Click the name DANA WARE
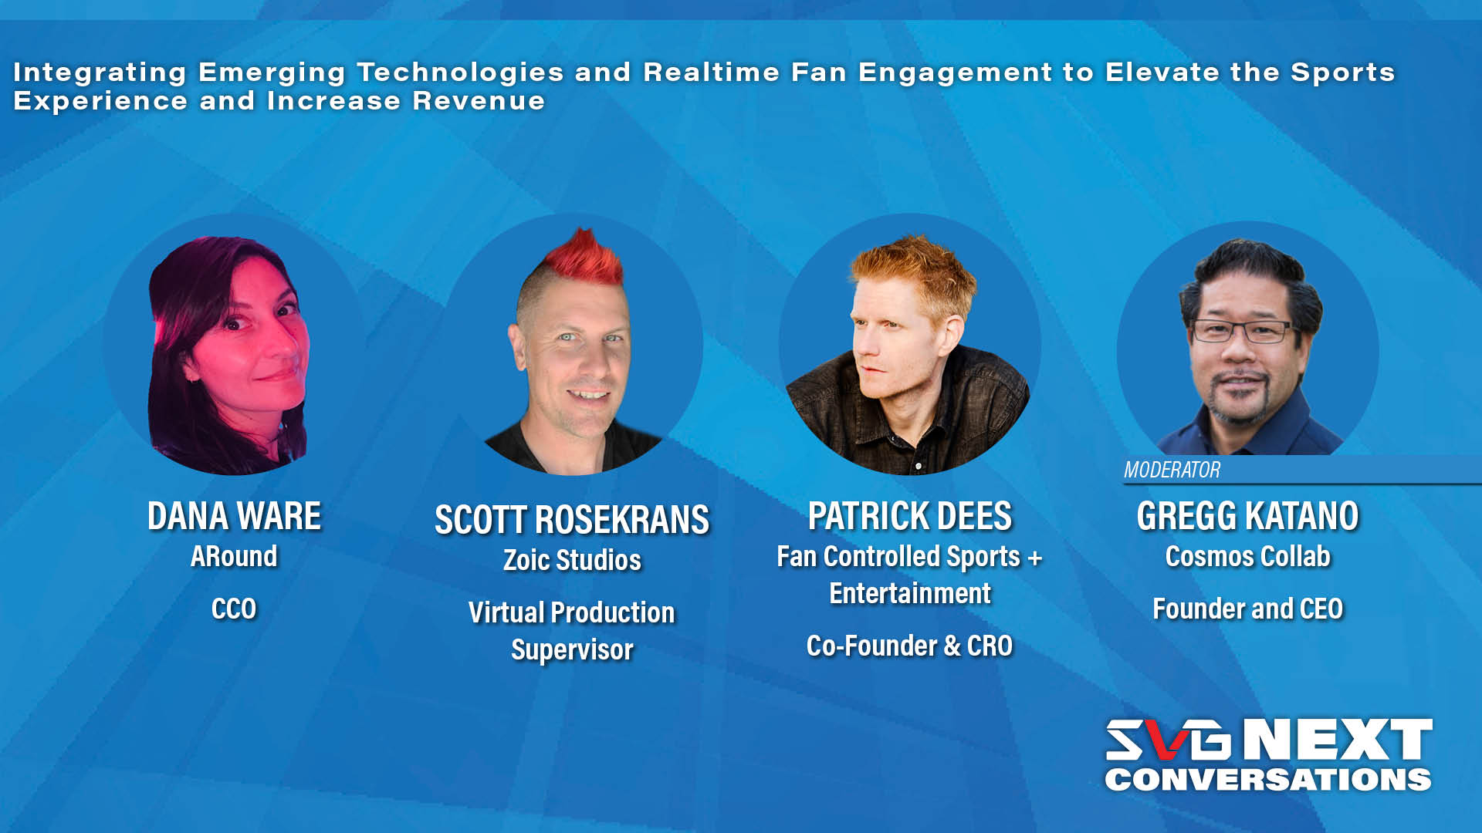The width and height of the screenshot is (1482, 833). coord(234,516)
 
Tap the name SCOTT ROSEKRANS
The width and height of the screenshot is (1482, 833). coord(572,520)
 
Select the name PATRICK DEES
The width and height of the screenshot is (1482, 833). coord(909,516)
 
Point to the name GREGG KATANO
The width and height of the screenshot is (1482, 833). coord(1247,516)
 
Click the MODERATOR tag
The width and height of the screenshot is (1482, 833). coord(1172,470)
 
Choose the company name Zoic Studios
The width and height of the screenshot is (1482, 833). coord(572,560)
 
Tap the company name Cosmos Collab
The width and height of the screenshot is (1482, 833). coord(1247,556)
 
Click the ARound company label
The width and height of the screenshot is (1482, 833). coord(234,556)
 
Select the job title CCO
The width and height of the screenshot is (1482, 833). coord(234,609)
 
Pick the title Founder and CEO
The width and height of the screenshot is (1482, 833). coord(1247,609)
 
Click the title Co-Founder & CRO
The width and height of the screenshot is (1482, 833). coord(909,646)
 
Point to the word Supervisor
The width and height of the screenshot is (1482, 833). coord(572,649)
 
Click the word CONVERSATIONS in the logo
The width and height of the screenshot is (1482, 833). coord(1267,779)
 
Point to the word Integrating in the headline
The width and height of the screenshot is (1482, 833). coord(100,73)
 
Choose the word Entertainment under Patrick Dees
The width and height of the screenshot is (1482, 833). coord(909,594)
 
